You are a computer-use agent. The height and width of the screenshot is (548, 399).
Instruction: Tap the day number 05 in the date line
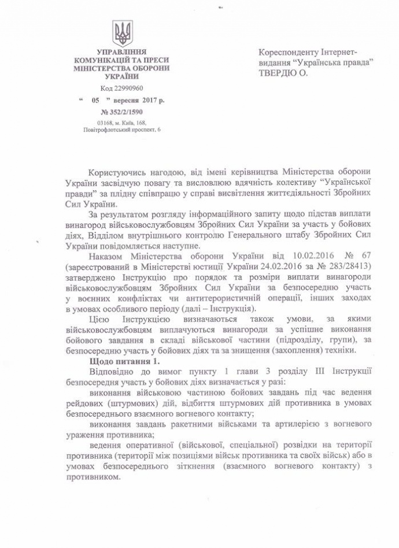pos(97,100)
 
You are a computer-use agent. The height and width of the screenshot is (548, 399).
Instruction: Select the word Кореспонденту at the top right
pos(290,53)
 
